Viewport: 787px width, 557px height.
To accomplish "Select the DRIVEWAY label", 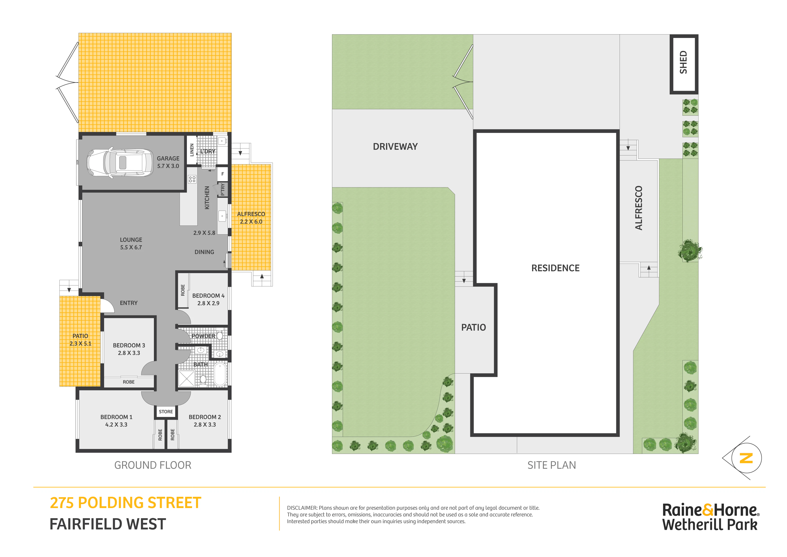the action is [395, 146].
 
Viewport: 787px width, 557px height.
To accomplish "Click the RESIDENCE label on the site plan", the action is [555, 268].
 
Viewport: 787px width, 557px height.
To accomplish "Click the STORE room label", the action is [166, 411].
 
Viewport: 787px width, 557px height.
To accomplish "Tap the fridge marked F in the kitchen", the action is [223, 174].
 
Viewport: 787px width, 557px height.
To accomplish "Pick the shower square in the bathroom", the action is [186, 378].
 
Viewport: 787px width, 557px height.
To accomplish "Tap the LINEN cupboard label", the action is [192, 150].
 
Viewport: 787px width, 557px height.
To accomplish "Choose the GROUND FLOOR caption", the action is [153, 465].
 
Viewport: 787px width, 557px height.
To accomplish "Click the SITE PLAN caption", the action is [551, 465].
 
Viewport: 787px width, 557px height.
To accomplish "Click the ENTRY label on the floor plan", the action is [129, 303].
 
